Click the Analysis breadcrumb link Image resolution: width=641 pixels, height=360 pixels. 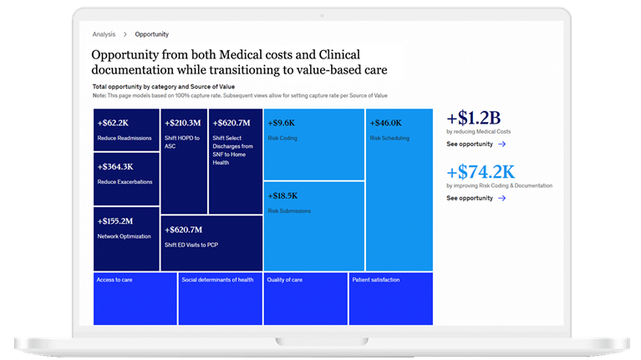pos(104,34)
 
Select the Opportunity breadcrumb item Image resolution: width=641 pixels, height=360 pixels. pos(151,34)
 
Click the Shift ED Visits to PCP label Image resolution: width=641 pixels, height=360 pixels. pos(192,244)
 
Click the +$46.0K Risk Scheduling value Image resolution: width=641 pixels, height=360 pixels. pos(388,123)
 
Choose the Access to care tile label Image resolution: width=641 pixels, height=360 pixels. pos(114,280)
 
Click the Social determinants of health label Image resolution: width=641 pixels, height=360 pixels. pos(217,280)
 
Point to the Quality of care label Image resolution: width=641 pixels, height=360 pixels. pos(284,280)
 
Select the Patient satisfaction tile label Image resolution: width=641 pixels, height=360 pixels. pos(376,280)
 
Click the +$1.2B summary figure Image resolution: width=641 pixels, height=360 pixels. pos(473,118)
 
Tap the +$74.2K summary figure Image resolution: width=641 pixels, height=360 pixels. pos(481,171)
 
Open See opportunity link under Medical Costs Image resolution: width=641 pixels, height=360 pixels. pos(470,145)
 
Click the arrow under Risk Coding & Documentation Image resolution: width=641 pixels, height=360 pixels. pos(501,199)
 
